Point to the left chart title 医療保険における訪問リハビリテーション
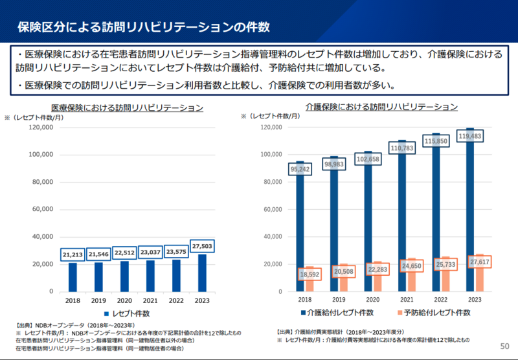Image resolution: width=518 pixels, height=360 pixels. pyautogui.click(x=127, y=108)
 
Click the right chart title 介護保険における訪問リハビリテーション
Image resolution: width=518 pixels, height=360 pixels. pyautogui.click(x=382, y=106)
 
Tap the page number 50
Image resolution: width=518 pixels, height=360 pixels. pyautogui.click(x=505, y=347)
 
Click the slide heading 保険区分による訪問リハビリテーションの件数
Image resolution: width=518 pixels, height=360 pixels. pyautogui.click(x=143, y=27)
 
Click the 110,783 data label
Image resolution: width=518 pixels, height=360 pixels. pyautogui.click(x=401, y=149)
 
